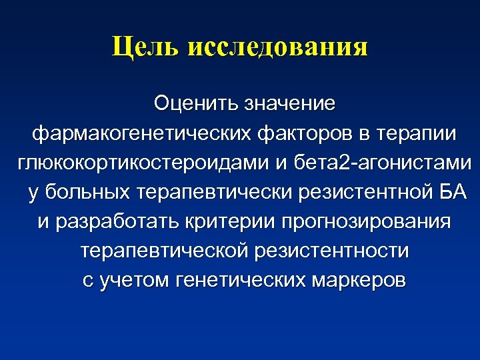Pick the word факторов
click(301, 134)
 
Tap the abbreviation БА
click(450, 193)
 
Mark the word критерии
click(227, 223)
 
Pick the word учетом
click(133, 281)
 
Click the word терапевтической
click(164, 252)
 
